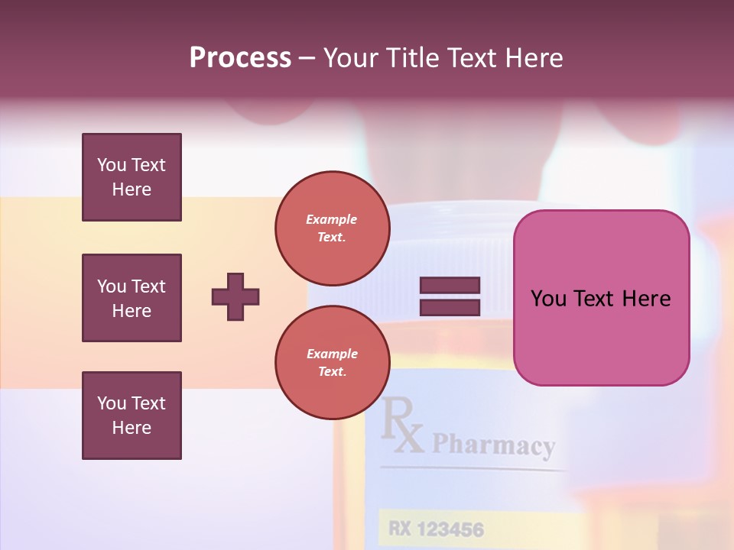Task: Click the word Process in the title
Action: point(240,57)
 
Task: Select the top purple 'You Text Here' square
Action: point(132,177)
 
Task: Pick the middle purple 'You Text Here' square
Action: point(132,298)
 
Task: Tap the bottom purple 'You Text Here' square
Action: point(132,416)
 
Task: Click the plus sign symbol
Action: point(235,296)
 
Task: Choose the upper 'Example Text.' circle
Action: point(332,228)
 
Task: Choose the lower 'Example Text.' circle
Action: point(332,362)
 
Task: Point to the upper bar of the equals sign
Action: point(450,286)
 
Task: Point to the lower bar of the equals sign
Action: point(450,307)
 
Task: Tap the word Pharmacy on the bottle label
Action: point(493,445)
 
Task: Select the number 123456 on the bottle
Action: point(450,528)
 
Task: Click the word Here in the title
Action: point(534,57)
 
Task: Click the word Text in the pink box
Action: point(596,299)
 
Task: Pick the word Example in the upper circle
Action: point(332,219)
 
